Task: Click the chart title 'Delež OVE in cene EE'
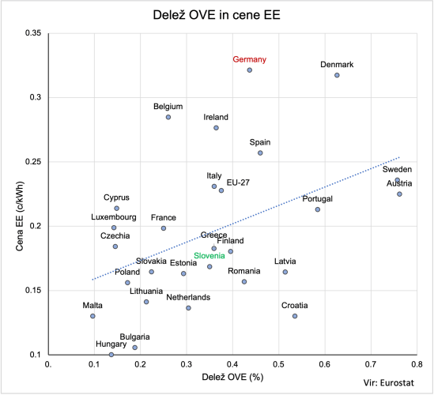pos(217,14)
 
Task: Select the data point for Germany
pos(250,70)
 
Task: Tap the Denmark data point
pos(337,75)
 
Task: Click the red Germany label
pos(250,59)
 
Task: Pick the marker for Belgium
pos(168,117)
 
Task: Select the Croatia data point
pos(295,316)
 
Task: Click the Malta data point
pos(92,316)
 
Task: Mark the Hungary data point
pos(111,355)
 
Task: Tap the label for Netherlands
pos(188,297)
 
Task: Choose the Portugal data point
pos(318,209)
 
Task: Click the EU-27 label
pos(238,182)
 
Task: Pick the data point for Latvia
pos(285,272)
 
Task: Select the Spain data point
pos(260,153)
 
